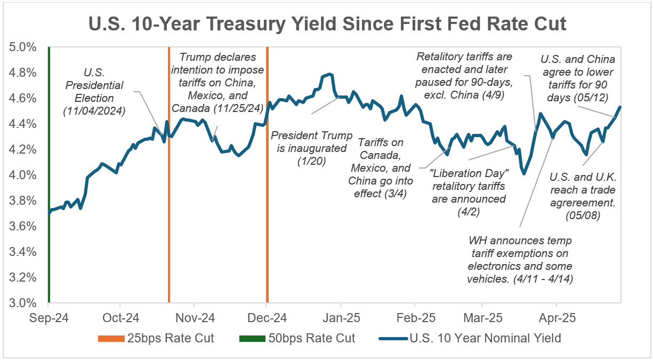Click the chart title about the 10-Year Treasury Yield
pos(326,24)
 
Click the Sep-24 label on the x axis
pos(49,318)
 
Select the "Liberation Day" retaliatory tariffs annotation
pos(467,186)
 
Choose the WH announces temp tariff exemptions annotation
pos(520,260)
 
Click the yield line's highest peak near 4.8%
pos(330,74)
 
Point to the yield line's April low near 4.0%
pos(524,173)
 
